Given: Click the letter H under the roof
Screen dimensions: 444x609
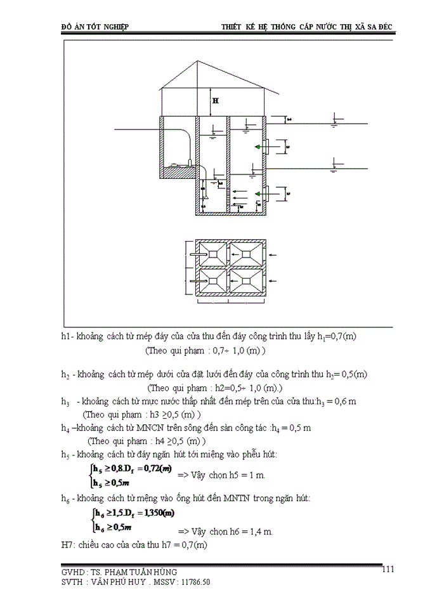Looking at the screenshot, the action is (x=216, y=101).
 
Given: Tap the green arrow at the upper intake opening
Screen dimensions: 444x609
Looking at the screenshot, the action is (x=258, y=147).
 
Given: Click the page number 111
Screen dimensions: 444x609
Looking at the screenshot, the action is (x=389, y=569).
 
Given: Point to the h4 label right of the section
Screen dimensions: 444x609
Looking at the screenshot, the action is (x=289, y=119).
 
